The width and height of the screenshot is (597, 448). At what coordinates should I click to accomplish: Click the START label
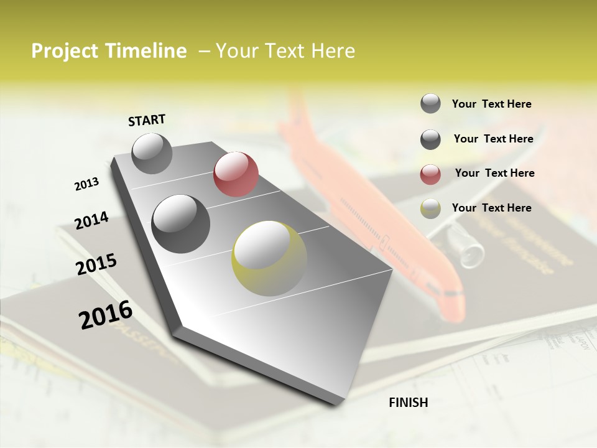tap(147, 120)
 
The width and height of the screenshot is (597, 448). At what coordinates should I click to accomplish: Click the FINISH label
tap(408, 403)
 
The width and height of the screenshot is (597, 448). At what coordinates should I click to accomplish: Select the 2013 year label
tap(87, 184)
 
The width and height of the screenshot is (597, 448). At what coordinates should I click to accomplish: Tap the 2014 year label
tap(91, 220)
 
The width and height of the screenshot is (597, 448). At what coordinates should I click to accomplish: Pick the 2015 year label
tap(96, 264)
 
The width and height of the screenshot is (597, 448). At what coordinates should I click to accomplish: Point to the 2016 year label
tap(106, 314)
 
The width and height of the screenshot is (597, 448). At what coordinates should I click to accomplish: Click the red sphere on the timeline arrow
tap(236, 174)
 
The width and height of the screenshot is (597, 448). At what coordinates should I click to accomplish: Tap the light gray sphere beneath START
tap(152, 153)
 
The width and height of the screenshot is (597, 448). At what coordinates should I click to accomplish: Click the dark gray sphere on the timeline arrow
tap(181, 223)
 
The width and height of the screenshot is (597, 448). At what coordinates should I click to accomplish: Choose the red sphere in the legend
tap(430, 174)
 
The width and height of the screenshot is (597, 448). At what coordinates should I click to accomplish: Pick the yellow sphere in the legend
tap(430, 208)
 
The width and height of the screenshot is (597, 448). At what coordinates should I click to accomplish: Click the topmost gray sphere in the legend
tap(430, 103)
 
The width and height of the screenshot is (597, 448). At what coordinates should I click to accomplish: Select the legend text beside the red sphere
tap(494, 173)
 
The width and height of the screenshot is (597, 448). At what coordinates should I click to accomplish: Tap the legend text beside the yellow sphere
tap(491, 208)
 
